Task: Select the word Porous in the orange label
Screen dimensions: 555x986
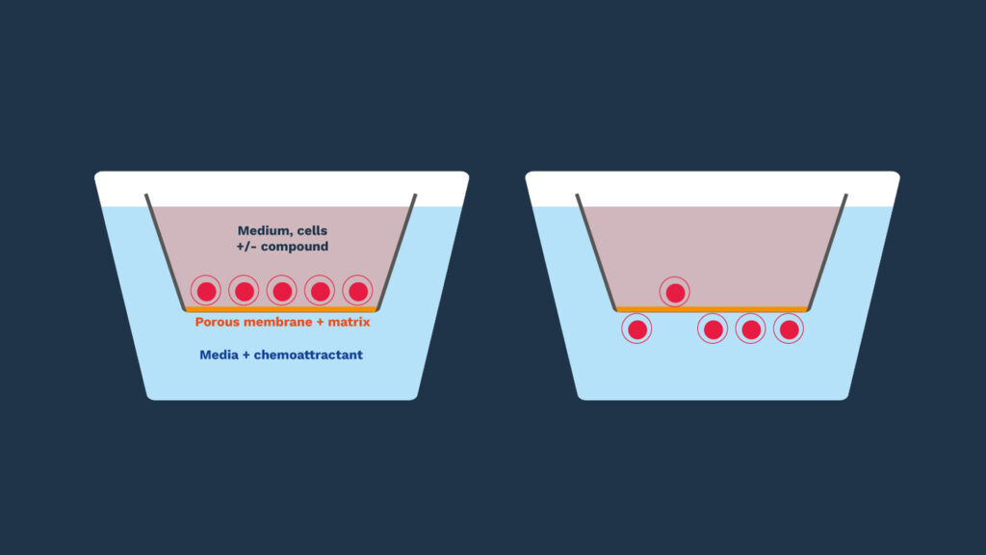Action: pos(218,322)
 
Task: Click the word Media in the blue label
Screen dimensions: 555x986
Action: pos(218,355)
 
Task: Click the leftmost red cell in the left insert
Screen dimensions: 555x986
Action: pos(206,291)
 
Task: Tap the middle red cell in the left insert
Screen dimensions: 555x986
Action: pos(282,291)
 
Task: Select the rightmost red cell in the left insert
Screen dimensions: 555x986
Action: pos(358,291)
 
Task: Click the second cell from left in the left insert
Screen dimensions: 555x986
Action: pos(245,291)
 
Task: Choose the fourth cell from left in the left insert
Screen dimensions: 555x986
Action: pos(320,291)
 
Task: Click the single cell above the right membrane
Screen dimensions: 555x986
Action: pos(675,292)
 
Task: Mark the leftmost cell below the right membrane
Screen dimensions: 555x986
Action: pos(637,330)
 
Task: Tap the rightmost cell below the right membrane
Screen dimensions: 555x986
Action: pos(789,330)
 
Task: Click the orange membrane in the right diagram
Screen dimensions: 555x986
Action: pos(713,309)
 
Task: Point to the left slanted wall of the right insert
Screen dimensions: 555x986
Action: pos(595,252)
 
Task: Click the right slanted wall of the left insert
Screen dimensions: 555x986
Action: pos(397,252)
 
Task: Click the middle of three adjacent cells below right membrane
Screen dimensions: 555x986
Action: pos(751,330)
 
